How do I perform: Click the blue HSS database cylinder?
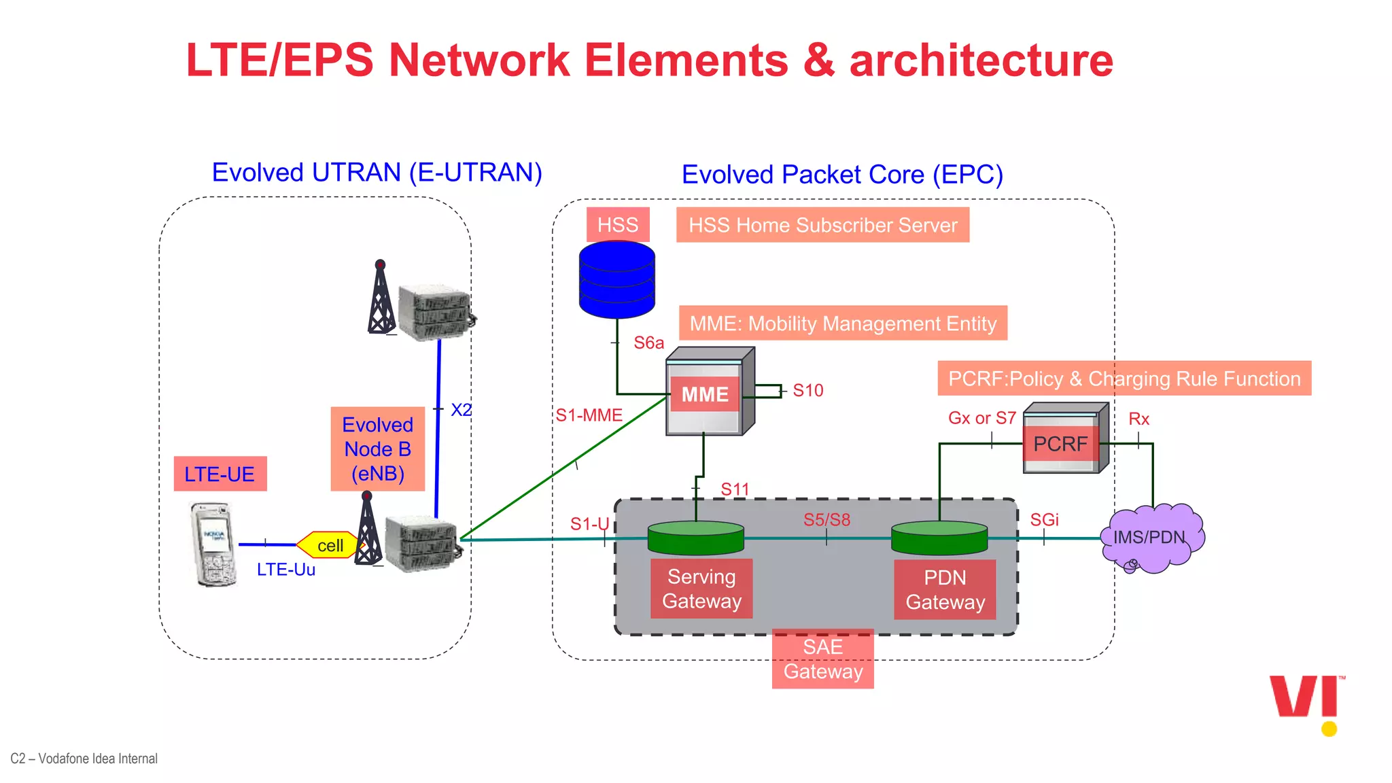[x=616, y=279]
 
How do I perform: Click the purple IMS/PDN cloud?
[x=1151, y=538]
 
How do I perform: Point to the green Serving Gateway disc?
[x=695, y=537]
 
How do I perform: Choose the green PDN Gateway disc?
[x=939, y=537]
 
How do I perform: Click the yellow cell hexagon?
[x=330, y=545]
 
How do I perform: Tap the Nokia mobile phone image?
[x=213, y=544]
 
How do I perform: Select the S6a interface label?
[x=648, y=343]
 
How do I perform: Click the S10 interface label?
[x=807, y=391]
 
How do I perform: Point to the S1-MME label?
[x=589, y=415]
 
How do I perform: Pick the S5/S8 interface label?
[x=826, y=520]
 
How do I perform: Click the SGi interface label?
[x=1044, y=520]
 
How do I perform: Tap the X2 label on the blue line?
[x=461, y=410]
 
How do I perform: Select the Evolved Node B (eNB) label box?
[x=377, y=449]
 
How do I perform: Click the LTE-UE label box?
[x=220, y=474]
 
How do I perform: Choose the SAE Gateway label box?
[x=822, y=659]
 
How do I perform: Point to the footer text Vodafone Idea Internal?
[x=84, y=759]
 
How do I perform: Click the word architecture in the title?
[x=981, y=60]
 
